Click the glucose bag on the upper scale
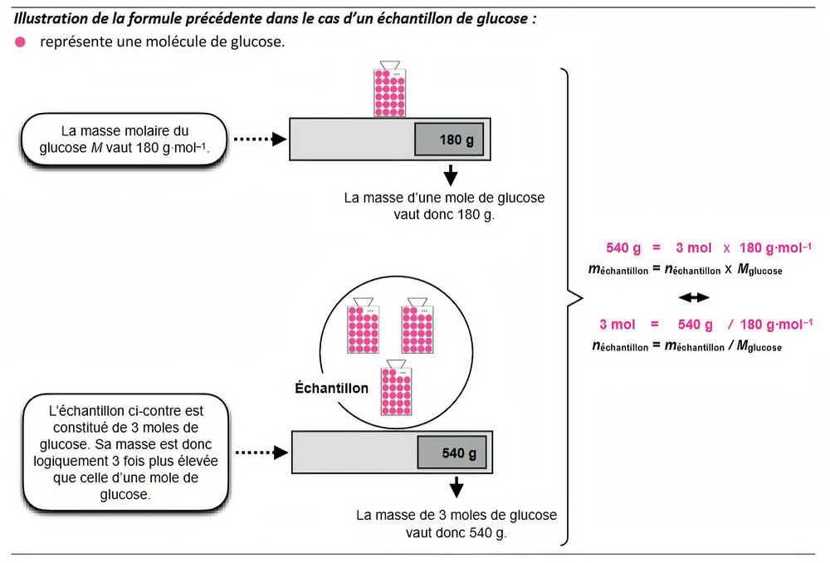point(388,90)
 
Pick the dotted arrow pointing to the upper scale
point(257,140)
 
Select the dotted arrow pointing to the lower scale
point(261,453)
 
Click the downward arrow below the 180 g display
point(451,175)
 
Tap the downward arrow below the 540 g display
point(456,487)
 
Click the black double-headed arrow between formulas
point(694,297)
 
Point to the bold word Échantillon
point(332,388)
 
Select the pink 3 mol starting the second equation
point(617,325)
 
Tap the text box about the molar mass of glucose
point(124,140)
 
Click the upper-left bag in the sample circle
point(363,328)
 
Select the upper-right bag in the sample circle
point(418,328)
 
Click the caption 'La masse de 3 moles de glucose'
point(456,516)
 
